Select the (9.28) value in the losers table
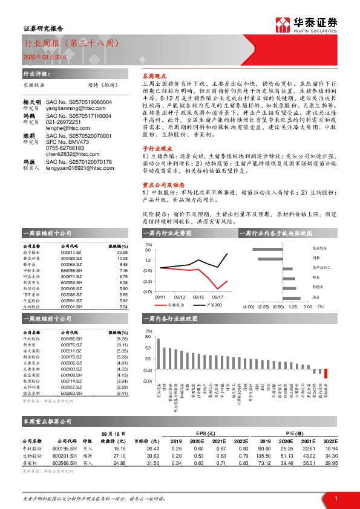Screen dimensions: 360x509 [x=122, y=339]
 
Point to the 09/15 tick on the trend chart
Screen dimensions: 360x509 [x=198, y=297]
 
